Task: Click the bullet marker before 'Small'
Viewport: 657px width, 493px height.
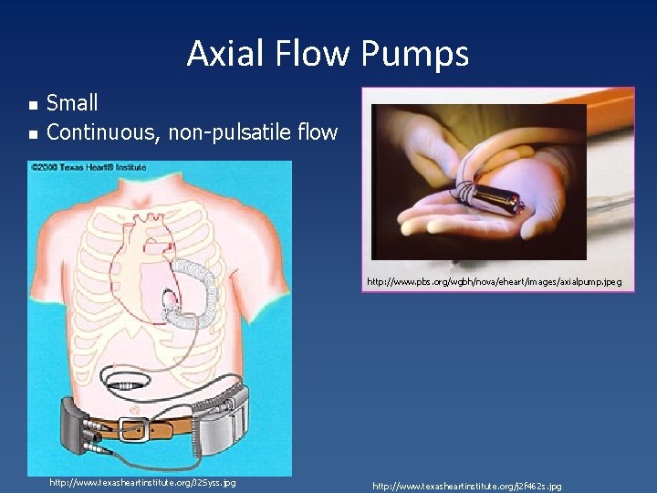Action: point(33,105)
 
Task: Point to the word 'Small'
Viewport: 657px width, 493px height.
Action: point(72,103)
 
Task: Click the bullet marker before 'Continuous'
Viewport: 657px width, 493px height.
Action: point(33,134)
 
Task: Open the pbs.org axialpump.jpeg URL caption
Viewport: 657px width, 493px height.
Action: point(494,282)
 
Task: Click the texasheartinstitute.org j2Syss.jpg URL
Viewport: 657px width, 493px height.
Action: point(142,482)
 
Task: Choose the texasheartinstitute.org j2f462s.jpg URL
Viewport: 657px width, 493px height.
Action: point(467,487)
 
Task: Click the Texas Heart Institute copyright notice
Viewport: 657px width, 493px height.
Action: point(89,168)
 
